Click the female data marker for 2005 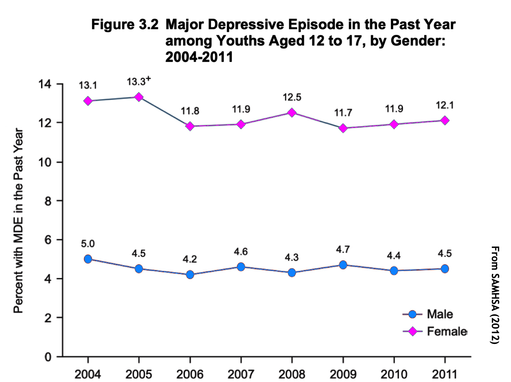click(139, 97)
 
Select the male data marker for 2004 click(88, 259)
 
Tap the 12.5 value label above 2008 click(292, 98)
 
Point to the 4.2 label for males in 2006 click(190, 259)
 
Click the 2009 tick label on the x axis click(343, 374)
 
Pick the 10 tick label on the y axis click(45, 162)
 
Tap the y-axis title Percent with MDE click(18, 220)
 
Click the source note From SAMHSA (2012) click(495, 295)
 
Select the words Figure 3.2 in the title click(125, 25)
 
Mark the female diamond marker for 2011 click(445, 120)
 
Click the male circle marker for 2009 click(343, 265)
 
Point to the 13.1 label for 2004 click(88, 85)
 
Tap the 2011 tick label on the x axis click(445, 374)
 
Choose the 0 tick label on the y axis click(48, 357)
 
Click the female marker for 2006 click(190, 126)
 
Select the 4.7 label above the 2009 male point click(343, 250)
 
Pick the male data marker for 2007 click(241, 267)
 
